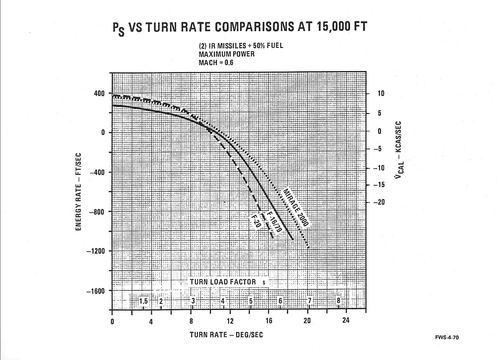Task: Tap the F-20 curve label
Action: [x=257, y=221]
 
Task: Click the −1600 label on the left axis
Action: [x=96, y=291]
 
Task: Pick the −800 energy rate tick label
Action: [x=97, y=212]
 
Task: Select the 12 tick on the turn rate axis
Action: [x=230, y=321]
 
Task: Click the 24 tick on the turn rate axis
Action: [x=346, y=321]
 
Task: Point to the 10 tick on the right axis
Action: [x=380, y=94]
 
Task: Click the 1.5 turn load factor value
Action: [x=143, y=301]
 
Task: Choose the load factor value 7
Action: [x=309, y=301]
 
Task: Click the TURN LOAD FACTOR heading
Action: [x=223, y=282]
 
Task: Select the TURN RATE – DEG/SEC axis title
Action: [x=226, y=334]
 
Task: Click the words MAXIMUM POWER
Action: [x=227, y=54]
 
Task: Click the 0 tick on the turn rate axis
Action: [x=112, y=321]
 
